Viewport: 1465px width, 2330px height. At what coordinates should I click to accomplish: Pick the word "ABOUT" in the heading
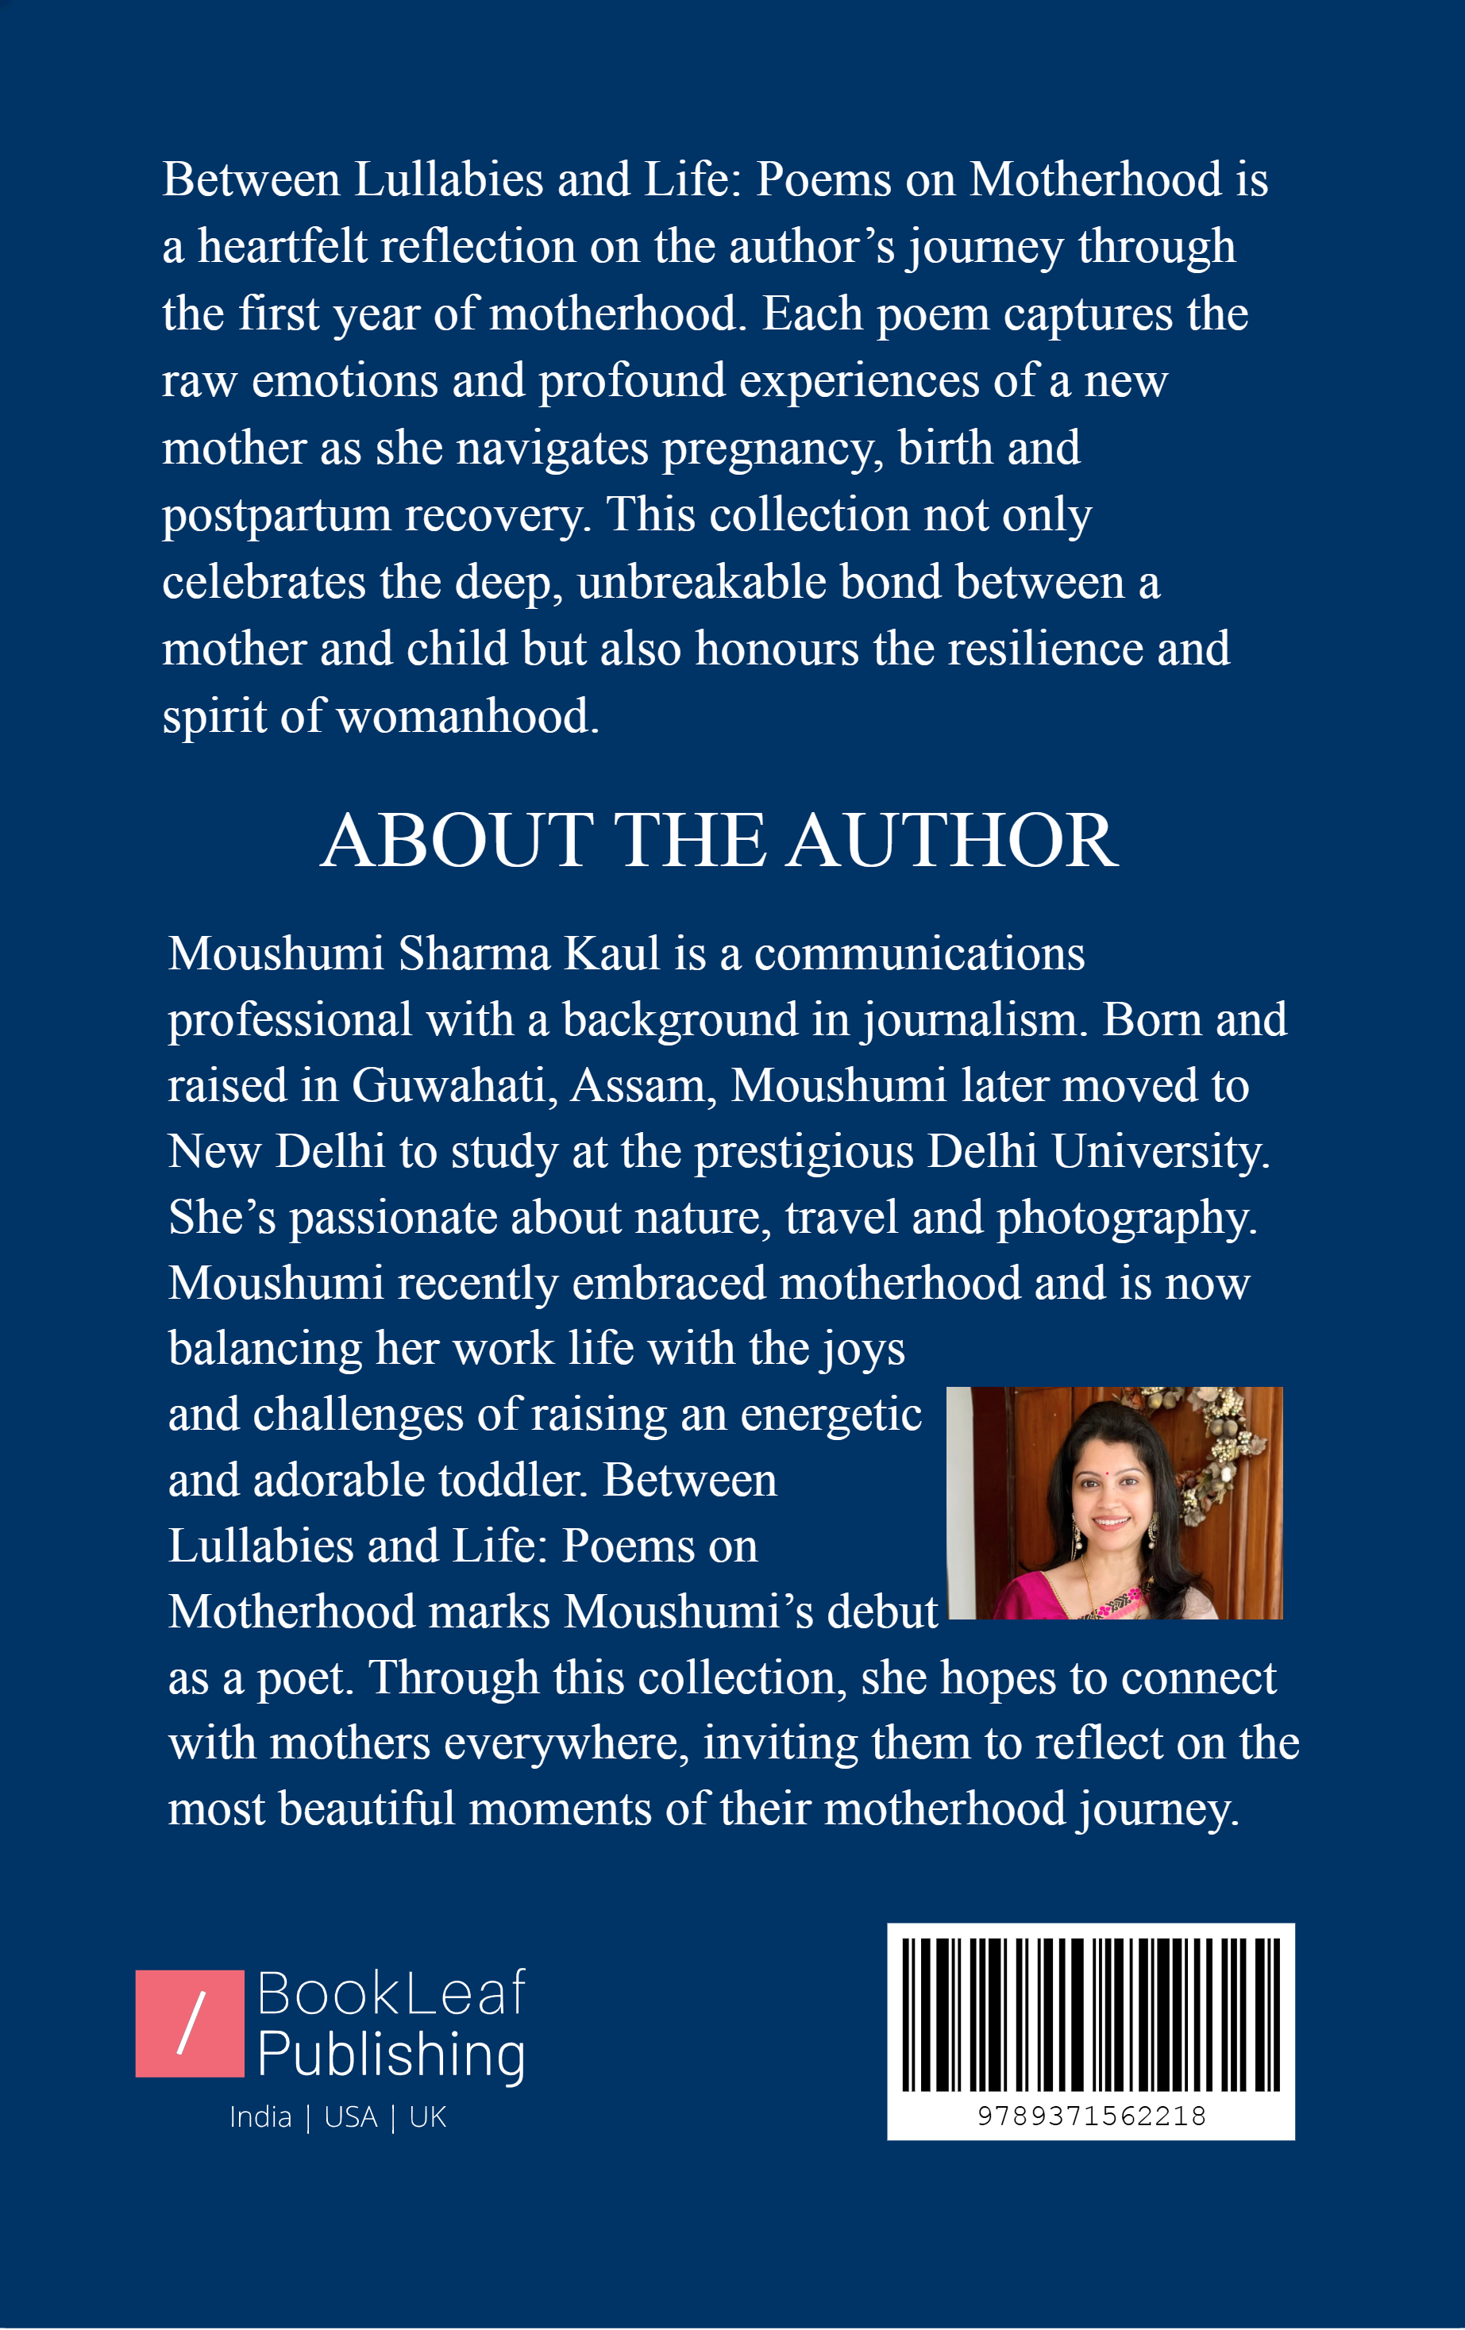point(457,840)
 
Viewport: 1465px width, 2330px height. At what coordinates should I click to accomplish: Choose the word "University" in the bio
point(1159,1151)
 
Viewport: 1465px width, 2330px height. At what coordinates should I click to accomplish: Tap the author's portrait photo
point(1114,1503)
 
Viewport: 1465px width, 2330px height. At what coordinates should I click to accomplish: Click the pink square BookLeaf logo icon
point(190,2024)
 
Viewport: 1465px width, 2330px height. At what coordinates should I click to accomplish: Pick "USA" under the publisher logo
point(350,2117)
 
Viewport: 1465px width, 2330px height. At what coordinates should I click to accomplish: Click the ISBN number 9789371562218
point(1090,2116)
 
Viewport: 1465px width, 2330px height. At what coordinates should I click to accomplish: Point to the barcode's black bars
point(1090,2013)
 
